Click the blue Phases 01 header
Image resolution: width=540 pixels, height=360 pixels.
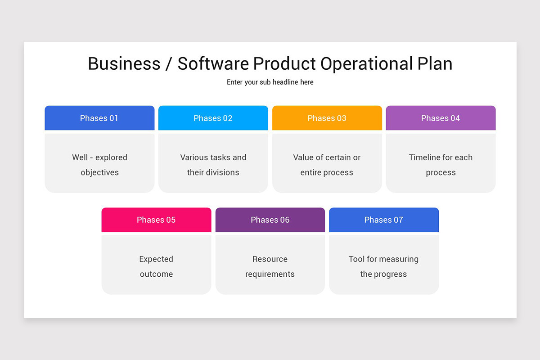coord(99,118)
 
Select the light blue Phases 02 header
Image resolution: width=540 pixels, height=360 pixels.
coord(213,118)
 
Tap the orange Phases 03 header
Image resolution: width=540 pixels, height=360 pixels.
coord(327,118)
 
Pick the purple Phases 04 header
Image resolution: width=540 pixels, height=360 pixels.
coord(441,118)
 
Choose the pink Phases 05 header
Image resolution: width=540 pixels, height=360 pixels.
coord(156,220)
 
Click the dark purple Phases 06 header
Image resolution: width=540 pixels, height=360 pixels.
coord(270,220)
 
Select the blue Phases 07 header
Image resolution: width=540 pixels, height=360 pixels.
coord(384,220)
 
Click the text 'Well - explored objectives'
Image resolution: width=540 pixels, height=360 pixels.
coord(99,165)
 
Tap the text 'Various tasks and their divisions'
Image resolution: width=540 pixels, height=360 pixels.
coord(213,165)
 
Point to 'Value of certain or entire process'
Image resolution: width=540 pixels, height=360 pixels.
coord(327,165)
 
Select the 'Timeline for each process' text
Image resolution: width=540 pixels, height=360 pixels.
coord(441,165)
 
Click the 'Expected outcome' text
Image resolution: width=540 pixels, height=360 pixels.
coord(156,266)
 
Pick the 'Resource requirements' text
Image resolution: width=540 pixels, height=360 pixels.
coord(270,266)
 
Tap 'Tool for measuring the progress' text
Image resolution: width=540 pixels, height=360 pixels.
coord(384,266)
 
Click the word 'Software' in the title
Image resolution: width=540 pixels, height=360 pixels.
coord(213,63)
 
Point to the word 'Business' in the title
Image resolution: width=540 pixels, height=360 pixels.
coord(124,63)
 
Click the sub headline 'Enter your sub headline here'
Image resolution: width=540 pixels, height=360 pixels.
coord(270,82)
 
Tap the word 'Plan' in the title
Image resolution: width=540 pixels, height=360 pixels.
coord(434,63)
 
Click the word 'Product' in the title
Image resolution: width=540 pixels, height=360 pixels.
coord(285,63)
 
